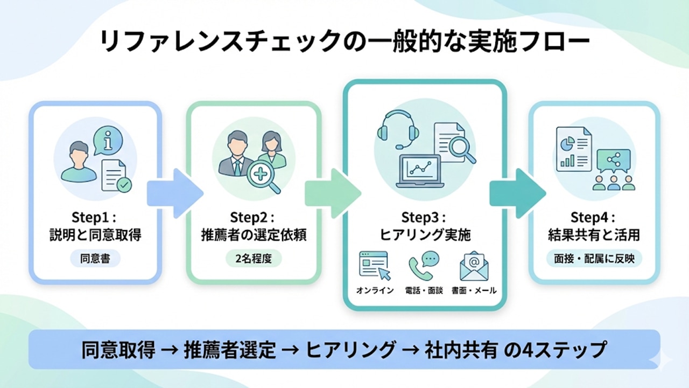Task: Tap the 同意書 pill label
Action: [x=95, y=258]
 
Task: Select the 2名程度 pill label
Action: [x=253, y=258]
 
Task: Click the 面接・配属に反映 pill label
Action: [x=594, y=258]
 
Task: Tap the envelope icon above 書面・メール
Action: [x=474, y=266]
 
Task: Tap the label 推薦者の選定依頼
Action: [x=253, y=235]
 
